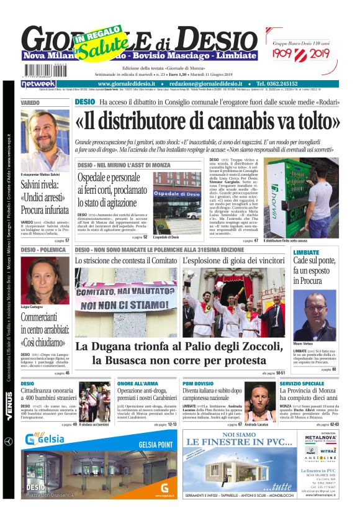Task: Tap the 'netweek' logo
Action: click(38, 83)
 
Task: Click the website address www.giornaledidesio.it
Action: click(127, 83)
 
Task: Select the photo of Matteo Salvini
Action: click(45, 140)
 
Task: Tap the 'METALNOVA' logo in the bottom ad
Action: click(320, 438)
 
